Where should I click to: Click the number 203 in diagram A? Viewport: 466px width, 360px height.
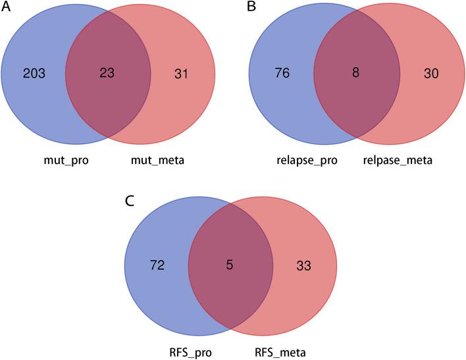pos(33,74)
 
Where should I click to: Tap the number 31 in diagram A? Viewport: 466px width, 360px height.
pos(182,74)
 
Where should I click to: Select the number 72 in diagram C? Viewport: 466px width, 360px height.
pos(159,266)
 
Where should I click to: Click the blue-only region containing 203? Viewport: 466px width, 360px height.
pos(33,99)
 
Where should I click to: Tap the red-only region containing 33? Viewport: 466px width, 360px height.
pos(309,290)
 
